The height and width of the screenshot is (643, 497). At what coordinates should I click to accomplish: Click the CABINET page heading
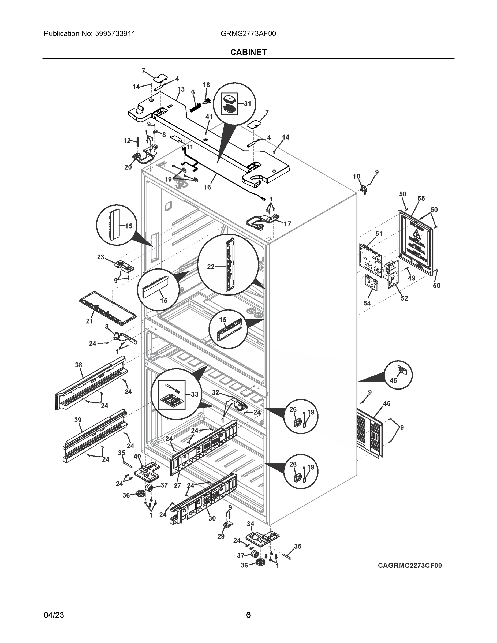click(248, 52)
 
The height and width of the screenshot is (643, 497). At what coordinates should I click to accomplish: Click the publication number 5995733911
click(115, 33)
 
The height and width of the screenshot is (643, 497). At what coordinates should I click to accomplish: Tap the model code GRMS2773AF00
click(248, 33)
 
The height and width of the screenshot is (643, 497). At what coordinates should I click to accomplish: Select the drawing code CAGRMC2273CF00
click(410, 566)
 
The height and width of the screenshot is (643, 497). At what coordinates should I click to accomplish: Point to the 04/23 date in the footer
click(54, 615)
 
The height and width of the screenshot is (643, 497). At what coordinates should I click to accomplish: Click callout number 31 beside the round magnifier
click(247, 104)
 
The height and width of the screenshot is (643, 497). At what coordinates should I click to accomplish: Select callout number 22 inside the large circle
click(211, 267)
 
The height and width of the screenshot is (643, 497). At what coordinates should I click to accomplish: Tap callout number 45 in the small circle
click(393, 380)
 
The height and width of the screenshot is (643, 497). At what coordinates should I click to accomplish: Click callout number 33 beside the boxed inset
click(194, 394)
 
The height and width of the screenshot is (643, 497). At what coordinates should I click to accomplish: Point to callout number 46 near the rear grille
click(386, 404)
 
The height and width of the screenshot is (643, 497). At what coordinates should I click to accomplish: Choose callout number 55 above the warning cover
click(421, 199)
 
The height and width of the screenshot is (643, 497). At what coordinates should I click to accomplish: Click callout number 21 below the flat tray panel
click(89, 321)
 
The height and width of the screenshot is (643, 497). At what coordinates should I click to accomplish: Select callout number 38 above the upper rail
click(78, 365)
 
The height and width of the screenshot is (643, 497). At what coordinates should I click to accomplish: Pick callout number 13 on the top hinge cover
click(181, 89)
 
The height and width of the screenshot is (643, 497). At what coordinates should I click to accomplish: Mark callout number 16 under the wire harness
click(207, 187)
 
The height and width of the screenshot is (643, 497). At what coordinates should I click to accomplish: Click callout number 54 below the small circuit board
click(367, 303)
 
